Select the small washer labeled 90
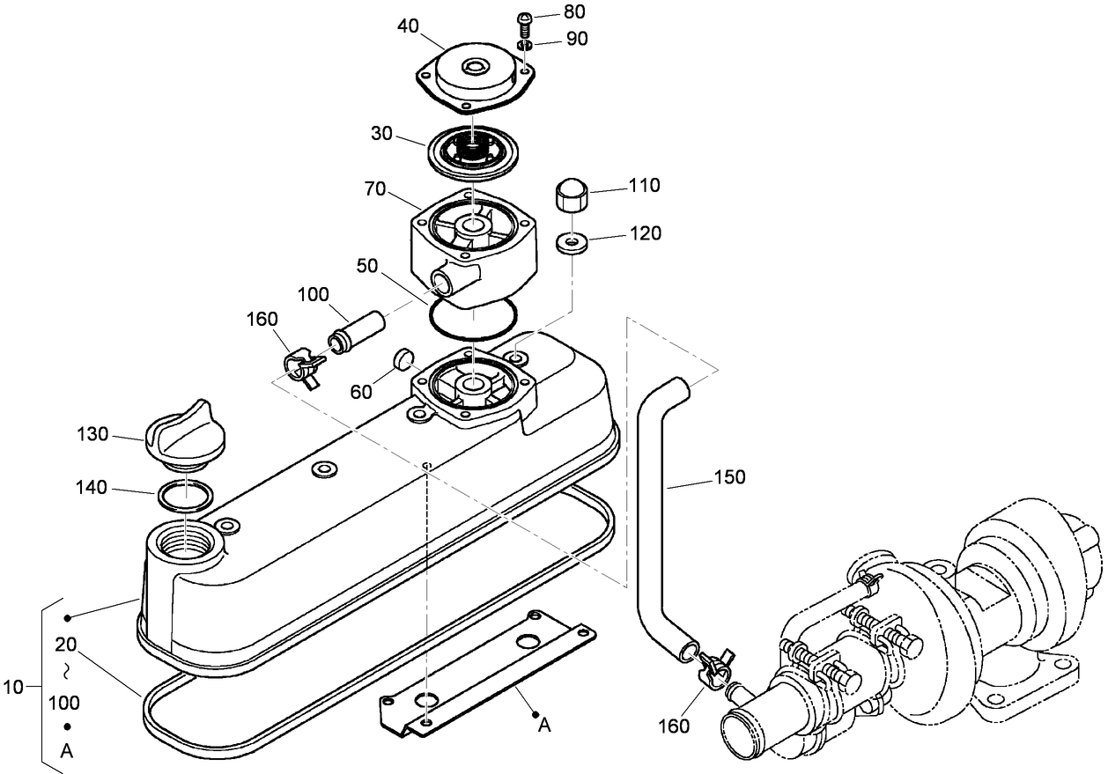[525, 44]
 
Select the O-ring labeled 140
[185, 495]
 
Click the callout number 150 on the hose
[730, 476]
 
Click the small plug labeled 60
[403, 358]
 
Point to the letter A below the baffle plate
[544, 725]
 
